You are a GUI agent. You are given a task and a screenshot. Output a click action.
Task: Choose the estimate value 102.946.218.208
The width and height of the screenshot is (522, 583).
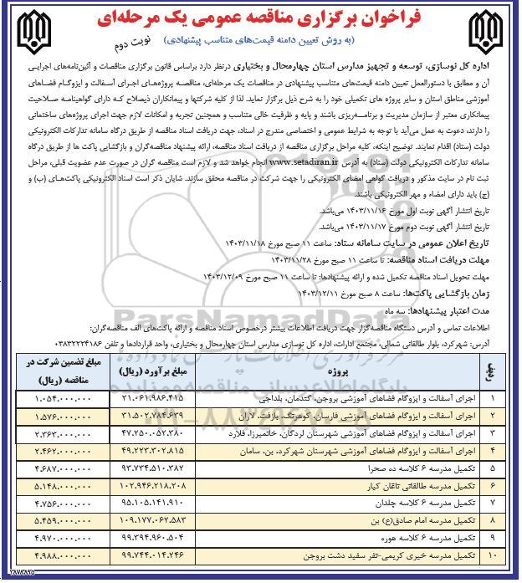click(x=163, y=484)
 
